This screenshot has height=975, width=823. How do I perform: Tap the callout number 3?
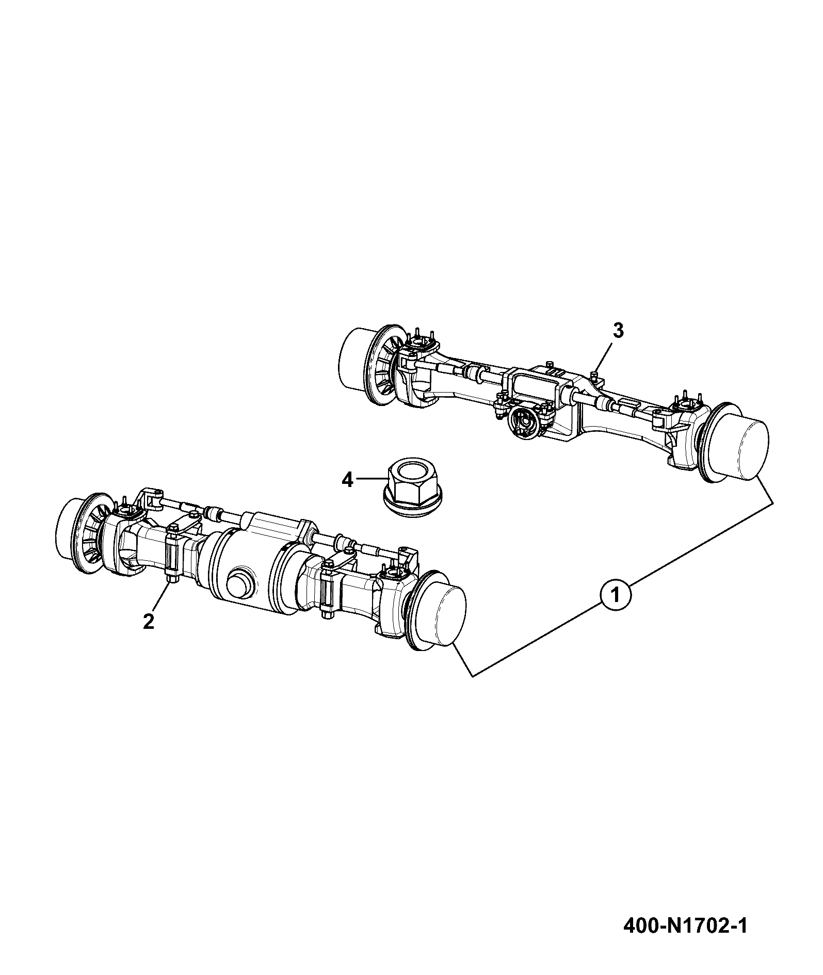coord(618,331)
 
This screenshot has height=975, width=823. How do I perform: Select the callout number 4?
coord(347,480)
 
